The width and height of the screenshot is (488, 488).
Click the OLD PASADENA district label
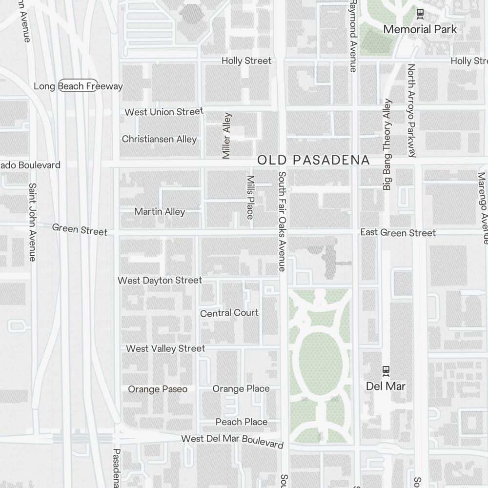(313, 160)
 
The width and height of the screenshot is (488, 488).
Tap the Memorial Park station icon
(420, 14)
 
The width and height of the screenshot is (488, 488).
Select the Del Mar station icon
(386, 371)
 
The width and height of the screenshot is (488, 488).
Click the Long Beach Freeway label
(78, 86)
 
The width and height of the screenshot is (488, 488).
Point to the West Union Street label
(164, 112)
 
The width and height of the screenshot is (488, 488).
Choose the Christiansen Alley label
(159, 139)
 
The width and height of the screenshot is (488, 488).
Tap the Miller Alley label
(226, 136)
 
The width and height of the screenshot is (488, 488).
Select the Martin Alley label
(160, 211)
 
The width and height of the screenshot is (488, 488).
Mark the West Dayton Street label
(160, 280)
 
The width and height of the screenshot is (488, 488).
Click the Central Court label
(229, 313)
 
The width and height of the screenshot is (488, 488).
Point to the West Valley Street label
(165, 348)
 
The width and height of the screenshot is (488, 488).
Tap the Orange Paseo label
(158, 389)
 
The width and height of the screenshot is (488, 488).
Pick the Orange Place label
(241, 388)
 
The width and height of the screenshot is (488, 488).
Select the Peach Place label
(242, 422)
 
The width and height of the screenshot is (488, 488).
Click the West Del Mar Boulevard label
(232, 441)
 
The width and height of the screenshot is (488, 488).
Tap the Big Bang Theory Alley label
(387, 144)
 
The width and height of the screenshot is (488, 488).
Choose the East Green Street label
(398, 232)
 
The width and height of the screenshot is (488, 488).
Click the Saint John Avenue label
(33, 222)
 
